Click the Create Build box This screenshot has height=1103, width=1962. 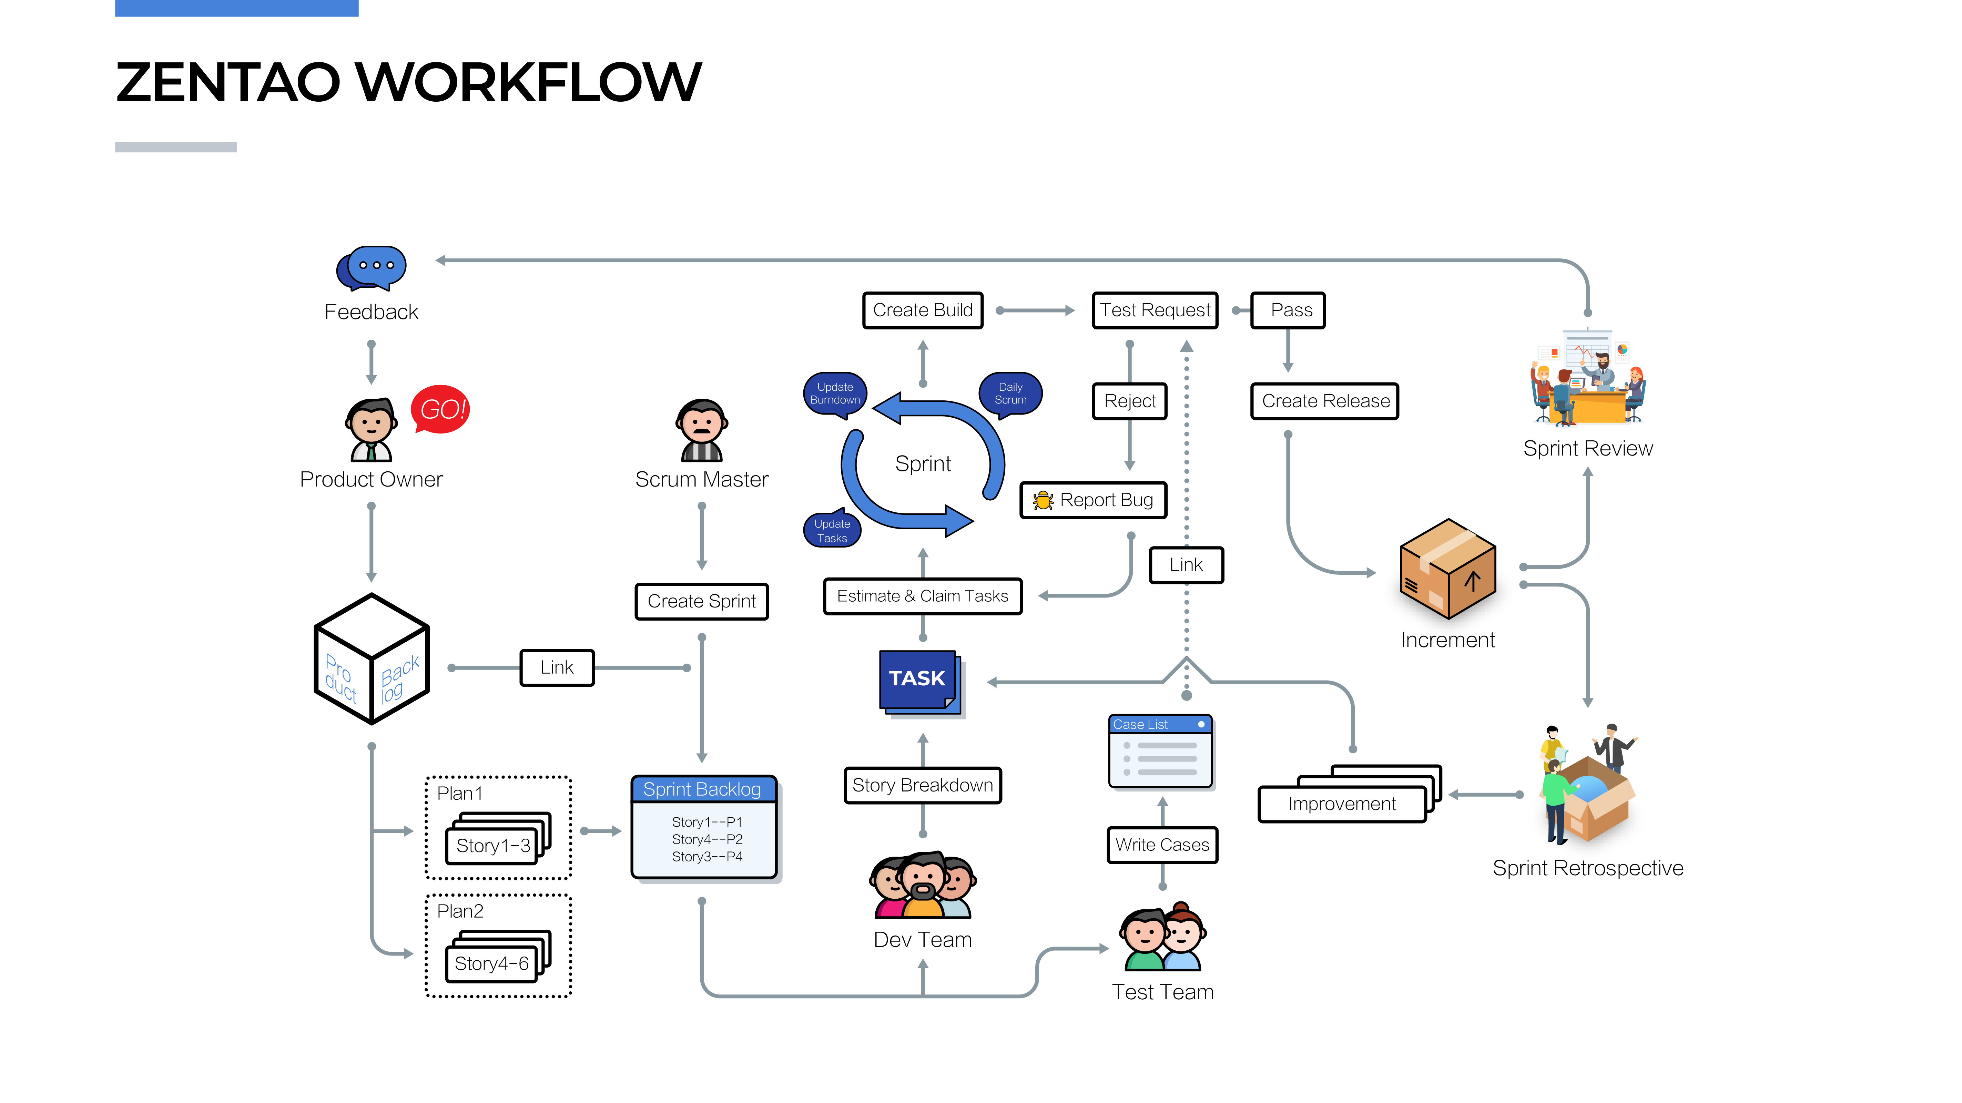tap(922, 310)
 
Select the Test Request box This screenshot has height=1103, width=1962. tap(1155, 310)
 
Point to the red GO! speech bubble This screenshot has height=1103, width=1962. tap(440, 409)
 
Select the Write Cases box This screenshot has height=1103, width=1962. tap(1162, 845)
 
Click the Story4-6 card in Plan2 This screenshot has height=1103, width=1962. tap(492, 963)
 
